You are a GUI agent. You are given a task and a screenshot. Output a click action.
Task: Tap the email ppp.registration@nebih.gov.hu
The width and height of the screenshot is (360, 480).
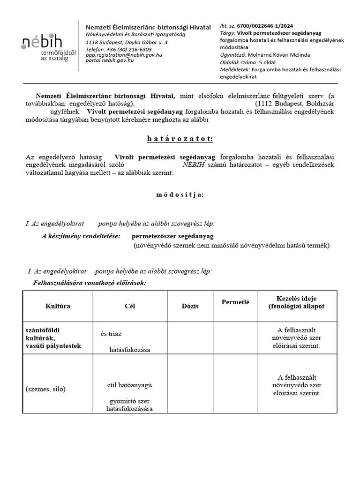pyautogui.click(x=124, y=55)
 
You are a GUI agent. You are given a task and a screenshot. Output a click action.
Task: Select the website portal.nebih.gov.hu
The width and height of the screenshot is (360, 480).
pyautogui.click(x=110, y=60)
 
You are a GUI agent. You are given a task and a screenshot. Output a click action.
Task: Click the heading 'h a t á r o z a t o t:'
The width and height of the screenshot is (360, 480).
pyautogui.click(x=180, y=139)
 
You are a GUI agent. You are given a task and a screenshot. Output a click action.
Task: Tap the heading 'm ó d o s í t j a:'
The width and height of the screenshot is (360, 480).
pyautogui.click(x=180, y=195)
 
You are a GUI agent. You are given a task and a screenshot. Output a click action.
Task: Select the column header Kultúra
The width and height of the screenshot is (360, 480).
pyautogui.click(x=58, y=306)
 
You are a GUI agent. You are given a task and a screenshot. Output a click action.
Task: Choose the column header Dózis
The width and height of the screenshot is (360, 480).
pyautogui.click(x=190, y=306)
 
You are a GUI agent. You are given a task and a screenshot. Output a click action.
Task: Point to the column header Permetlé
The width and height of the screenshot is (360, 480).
pyautogui.click(x=235, y=302)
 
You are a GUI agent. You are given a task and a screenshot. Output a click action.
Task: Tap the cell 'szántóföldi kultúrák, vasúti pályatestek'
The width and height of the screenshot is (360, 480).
pyautogui.click(x=53, y=338)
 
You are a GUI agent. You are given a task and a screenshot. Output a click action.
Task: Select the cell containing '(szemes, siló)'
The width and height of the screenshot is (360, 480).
pyautogui.click(x=45, y=389)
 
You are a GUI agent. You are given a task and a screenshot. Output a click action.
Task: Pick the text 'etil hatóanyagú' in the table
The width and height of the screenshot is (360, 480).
pyautogui.click(x=130, y=385)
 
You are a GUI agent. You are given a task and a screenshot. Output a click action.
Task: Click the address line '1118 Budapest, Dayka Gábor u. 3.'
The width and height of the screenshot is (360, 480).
pyautogui.click(x=127, y=42)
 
